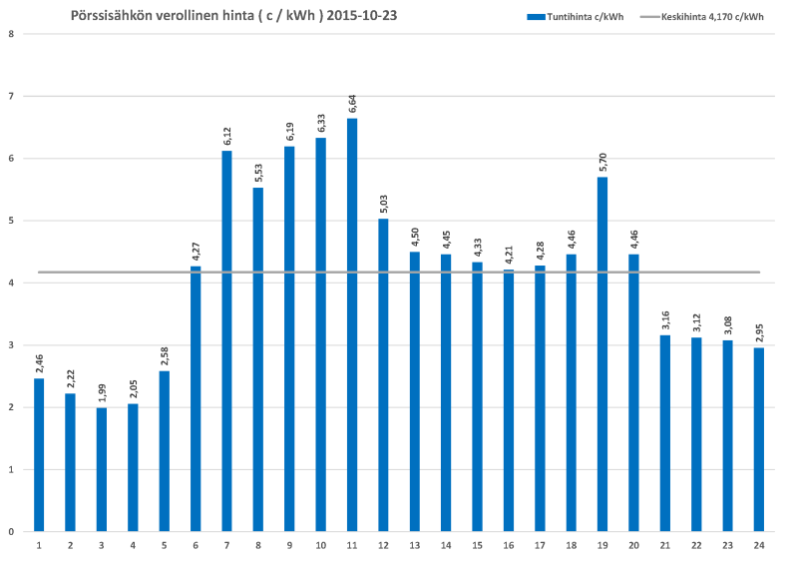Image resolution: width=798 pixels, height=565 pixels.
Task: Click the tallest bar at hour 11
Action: coord(352,324)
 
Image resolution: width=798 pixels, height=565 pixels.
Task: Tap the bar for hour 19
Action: coord(602,354)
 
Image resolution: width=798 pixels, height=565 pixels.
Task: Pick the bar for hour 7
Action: coord(226,340)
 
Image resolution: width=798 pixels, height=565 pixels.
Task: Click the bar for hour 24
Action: coord(759,439)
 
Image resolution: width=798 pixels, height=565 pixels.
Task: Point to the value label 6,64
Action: coord(353,104)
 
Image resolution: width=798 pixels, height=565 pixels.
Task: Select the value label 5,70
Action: coord(602,162)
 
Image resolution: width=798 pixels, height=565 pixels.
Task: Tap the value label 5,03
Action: coord(384,204)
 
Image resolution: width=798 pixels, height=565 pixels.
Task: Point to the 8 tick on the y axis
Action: coord(10,34)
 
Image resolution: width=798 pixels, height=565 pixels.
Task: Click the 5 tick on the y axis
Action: coord(10,221)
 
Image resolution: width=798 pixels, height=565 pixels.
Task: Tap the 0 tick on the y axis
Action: coord(10,531)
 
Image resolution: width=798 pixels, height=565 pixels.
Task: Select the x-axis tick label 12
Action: coord(384,545)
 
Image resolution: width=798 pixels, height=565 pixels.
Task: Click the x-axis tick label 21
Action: coord(665,545)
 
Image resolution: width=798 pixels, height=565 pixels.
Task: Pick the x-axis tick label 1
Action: coord(39,545)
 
